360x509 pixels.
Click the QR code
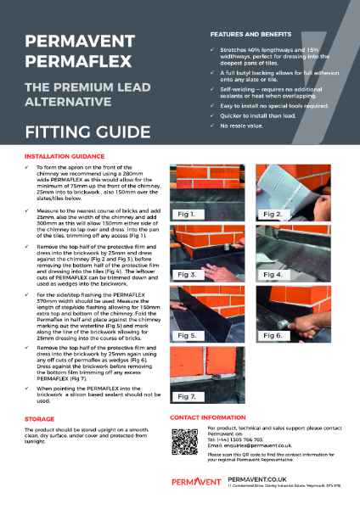[183, 441]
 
